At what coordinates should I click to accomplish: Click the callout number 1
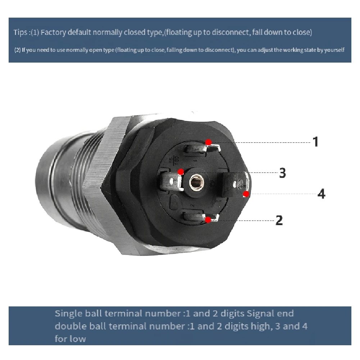pos(315,142)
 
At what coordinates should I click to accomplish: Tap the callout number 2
pos(279,220)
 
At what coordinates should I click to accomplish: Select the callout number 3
pos(283,173)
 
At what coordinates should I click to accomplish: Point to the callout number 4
pos(321,194)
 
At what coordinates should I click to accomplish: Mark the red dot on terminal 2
pos(208,220)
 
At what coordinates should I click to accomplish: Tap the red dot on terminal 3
pos(181,172)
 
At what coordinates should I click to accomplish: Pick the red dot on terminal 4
pos(246,194)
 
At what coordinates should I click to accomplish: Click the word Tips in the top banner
pos(19,32)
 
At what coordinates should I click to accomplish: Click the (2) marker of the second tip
pos(17,50)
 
